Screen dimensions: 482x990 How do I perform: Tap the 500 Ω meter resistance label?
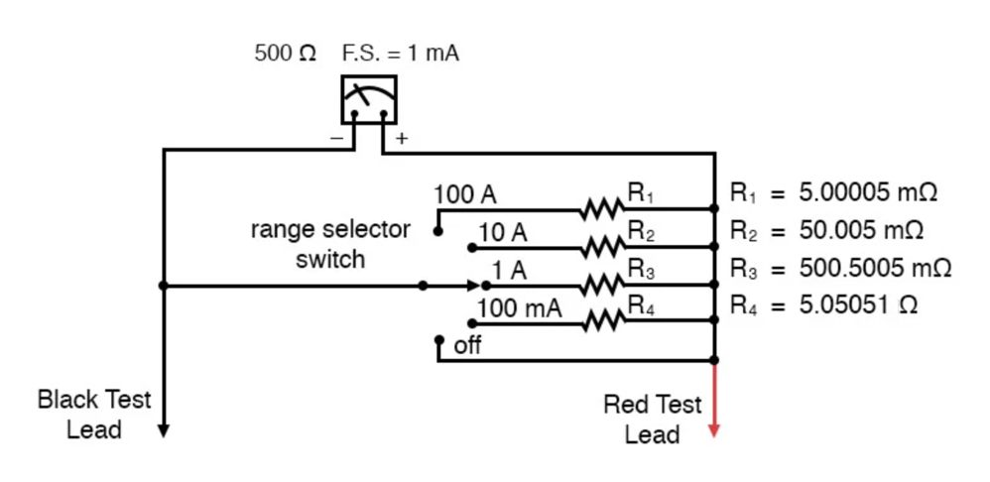(x=286, y=55)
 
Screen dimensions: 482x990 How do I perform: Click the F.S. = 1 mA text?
(x=401, y=55)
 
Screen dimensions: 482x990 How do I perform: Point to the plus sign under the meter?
(x=401, y=139)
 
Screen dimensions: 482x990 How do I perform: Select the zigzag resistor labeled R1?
(x=600, y=209)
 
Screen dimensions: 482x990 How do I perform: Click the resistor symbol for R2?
(x=600, y=247)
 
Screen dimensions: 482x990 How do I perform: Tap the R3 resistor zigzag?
(x=600, y=285)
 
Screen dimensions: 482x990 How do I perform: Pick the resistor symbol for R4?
(x=600, y=321)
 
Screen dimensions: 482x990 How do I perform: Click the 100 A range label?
(x=464, y=194)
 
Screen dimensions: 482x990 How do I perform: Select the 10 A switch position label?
(x=503, y=233)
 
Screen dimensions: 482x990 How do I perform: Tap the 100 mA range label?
(x=519, y=308)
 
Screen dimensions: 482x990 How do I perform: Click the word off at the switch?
(x=467, y=347)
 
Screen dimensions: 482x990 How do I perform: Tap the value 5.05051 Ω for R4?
(x=858, y=305)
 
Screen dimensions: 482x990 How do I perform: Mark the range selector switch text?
(x=330, y=245)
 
